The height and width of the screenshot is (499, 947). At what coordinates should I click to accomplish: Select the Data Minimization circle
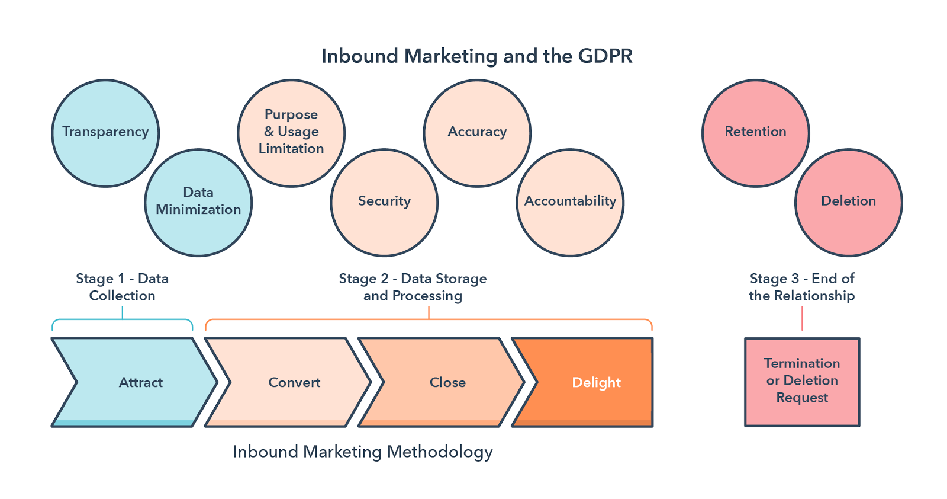[x=198, y=202]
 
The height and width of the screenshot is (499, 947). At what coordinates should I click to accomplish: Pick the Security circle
[x=384, y=202]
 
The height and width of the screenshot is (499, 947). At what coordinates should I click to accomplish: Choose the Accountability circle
[x=570, y=202]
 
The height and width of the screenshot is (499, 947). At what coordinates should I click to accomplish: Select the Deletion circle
[x=848, y=202]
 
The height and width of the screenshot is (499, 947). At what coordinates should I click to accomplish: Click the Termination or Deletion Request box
[x=802, y=381]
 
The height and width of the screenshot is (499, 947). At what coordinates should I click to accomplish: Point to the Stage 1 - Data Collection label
[x=122, y=287]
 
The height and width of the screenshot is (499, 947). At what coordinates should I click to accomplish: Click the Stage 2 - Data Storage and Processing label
[x=413, y=287]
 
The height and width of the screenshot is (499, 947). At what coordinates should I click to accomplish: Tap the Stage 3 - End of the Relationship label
[x=802, y=287]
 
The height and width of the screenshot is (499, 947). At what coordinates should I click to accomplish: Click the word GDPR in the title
[x=605, y=56]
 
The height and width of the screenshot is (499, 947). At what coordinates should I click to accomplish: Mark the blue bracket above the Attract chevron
[x=123, y=321]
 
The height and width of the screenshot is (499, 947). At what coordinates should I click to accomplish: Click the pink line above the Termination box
[x=802, y=319]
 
